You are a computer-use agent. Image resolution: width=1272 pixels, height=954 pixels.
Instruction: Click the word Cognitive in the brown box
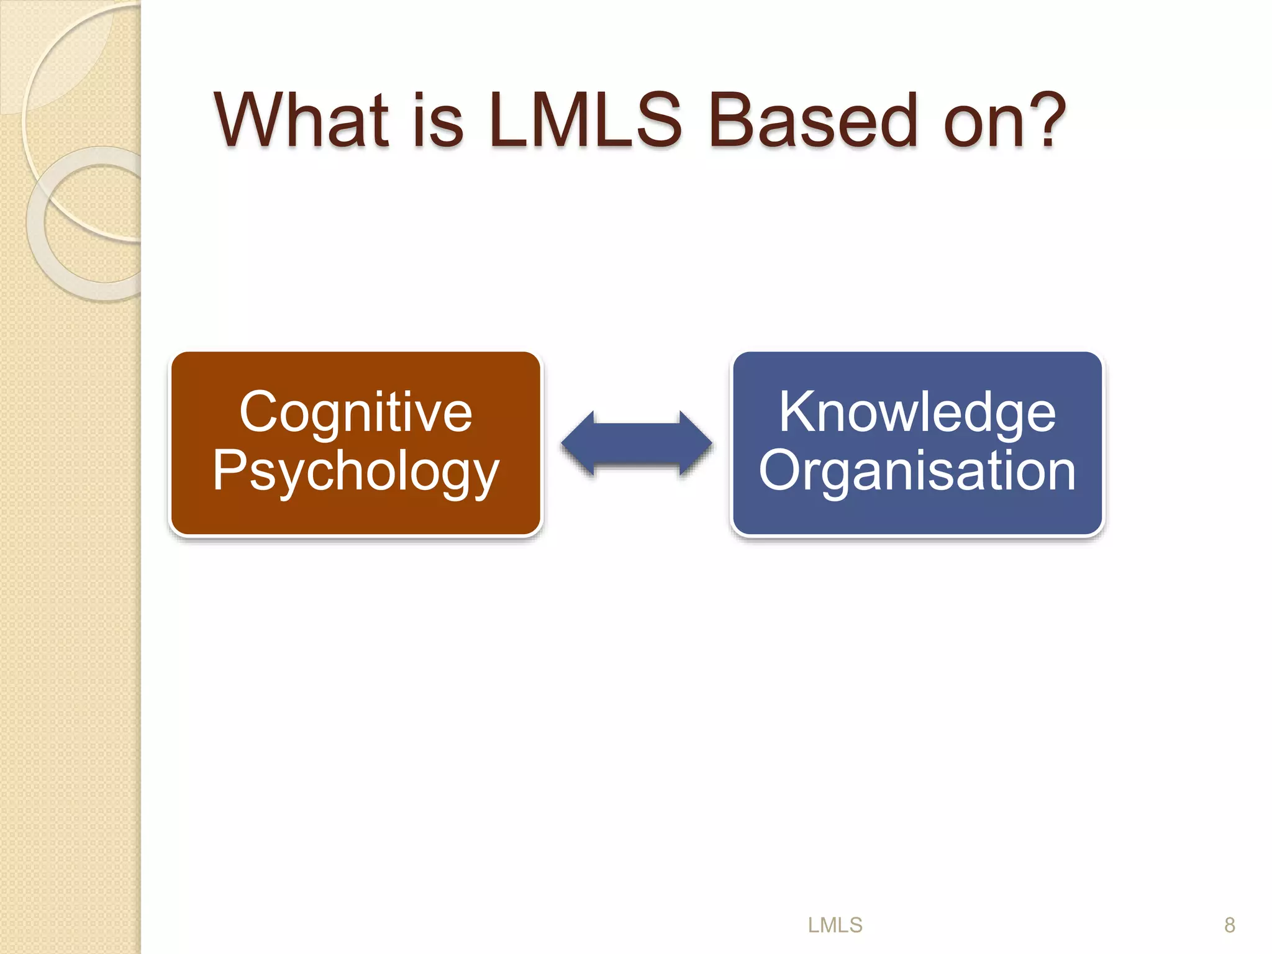click(x=356, y=412)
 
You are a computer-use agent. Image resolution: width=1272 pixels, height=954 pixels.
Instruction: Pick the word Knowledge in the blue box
click(x=917, y=412)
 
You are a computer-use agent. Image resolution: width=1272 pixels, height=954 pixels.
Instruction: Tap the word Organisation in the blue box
click(x=917, y=471)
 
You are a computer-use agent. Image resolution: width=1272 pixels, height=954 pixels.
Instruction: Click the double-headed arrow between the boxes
click(x=637, y=443)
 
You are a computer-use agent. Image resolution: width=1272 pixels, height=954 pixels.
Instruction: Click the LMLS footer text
click(x=835, y=925)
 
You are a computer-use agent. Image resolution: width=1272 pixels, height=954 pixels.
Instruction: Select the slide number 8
click(x=1229, y=925)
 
